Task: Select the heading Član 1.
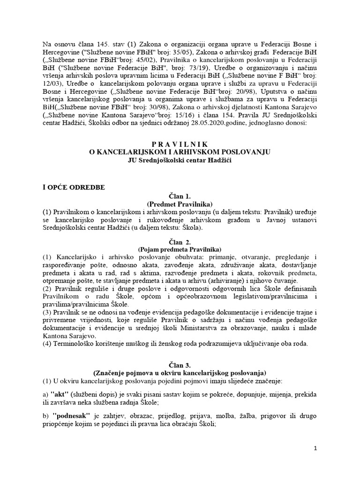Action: coord(180,196)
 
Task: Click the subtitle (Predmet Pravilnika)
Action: coord(180,204)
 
